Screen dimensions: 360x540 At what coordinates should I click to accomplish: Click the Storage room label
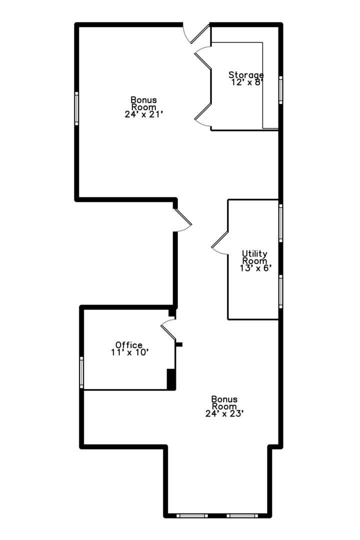point(246,74)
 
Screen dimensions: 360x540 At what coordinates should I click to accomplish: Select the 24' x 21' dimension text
point(143,114)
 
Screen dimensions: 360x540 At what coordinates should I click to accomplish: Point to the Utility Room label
point(254,257)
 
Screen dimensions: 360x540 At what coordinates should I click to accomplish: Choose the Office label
point(129,344)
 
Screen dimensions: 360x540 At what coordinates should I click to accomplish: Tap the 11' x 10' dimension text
point(130,352)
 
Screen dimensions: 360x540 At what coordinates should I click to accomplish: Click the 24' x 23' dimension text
point(224,413)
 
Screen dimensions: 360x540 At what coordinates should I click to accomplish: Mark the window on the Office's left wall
point(81,372)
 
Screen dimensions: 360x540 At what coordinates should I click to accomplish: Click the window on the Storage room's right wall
point(281,90)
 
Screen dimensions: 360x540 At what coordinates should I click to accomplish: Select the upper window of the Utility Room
point(281,223)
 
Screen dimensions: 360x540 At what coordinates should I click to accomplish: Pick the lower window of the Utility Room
point(281,291)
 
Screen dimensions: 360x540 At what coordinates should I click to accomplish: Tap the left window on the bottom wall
point(192,515)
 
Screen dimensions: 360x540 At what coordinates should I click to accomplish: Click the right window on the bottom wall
point(242,515)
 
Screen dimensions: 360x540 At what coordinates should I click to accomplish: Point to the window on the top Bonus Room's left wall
point(76,108)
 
